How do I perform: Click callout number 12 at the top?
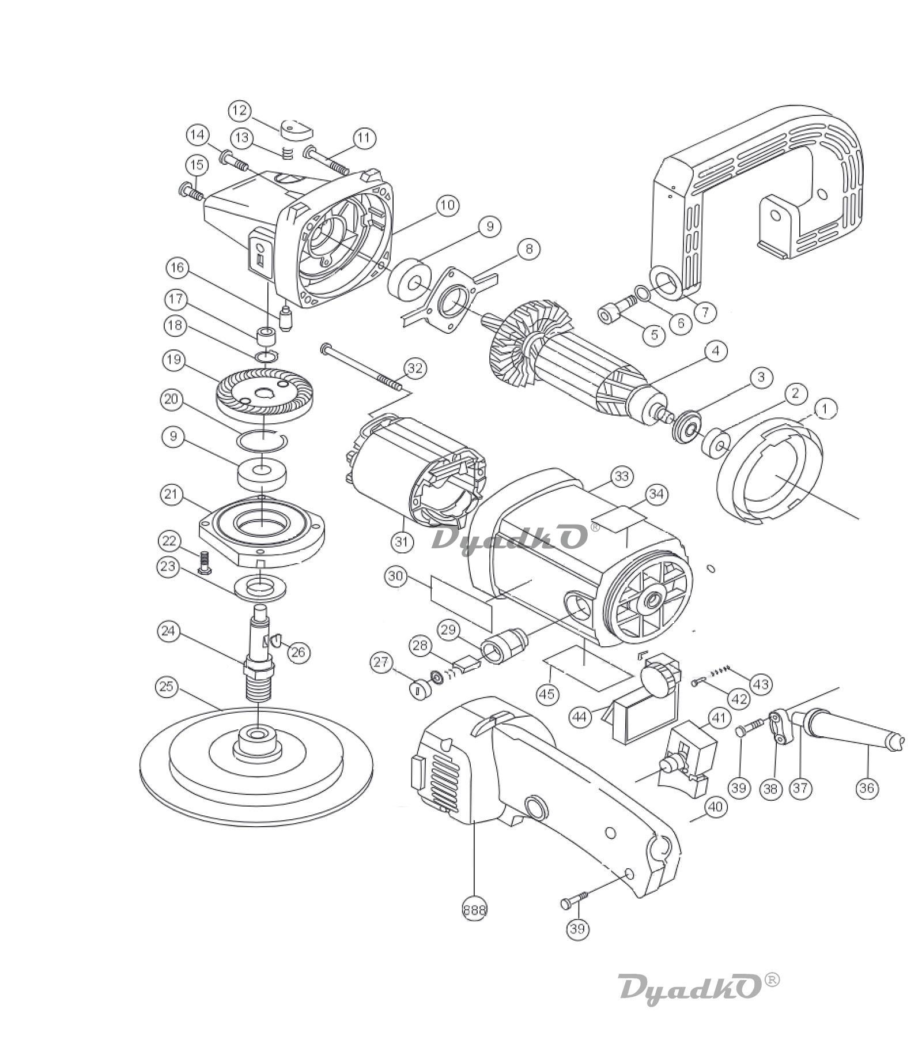click(x=240, y=110)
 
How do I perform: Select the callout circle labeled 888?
click(x=474, y=910)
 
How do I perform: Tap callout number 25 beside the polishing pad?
click(x=167, y=687)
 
